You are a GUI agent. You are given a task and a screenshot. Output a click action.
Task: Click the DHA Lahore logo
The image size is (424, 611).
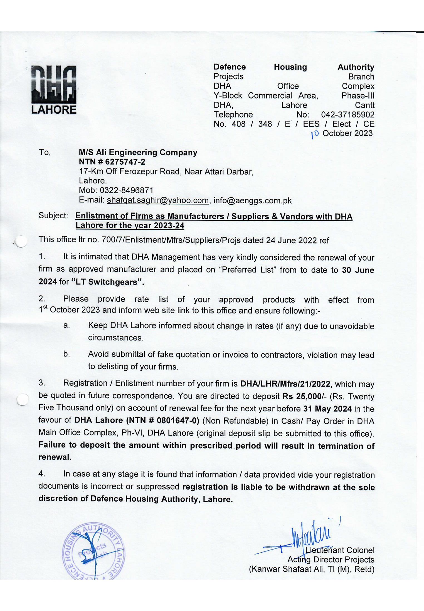click(x=54, y=90)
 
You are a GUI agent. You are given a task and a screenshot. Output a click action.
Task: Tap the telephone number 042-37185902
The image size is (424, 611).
click(x=347, y=114)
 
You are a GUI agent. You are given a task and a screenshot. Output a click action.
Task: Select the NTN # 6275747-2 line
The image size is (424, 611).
click(x=112, y=162)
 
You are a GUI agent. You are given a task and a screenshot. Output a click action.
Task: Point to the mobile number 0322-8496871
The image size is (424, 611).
click(x=126, y=190)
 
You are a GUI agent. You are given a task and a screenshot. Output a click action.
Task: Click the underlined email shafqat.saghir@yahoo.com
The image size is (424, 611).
click(x=158, y=200)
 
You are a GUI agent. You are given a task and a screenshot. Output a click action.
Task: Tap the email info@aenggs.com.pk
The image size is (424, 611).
click(x=252, y=200)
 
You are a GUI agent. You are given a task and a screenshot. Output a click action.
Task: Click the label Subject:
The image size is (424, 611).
click(x=53, y=216)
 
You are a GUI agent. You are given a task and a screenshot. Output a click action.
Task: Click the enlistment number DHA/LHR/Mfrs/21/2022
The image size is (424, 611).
click(x=285, y=384)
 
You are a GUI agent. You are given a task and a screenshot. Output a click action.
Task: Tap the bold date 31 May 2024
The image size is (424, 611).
click(x=327, y=409)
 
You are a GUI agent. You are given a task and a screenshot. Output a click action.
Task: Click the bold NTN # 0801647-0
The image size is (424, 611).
click(x=163, y=420)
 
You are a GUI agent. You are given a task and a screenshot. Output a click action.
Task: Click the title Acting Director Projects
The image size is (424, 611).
click(x=331, y=559)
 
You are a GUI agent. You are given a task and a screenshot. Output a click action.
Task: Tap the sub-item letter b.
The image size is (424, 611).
click(x=66, y=354)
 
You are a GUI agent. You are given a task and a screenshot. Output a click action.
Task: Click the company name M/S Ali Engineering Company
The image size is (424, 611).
click(x=138, y=152)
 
